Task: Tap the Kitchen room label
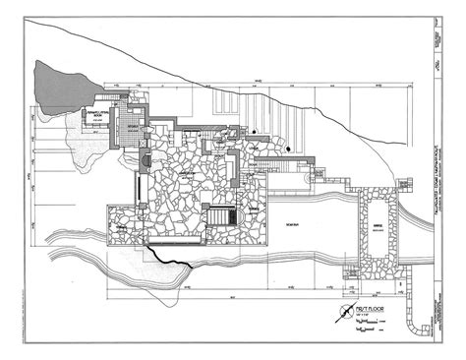(130, 128)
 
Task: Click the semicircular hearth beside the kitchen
(145, 160)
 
